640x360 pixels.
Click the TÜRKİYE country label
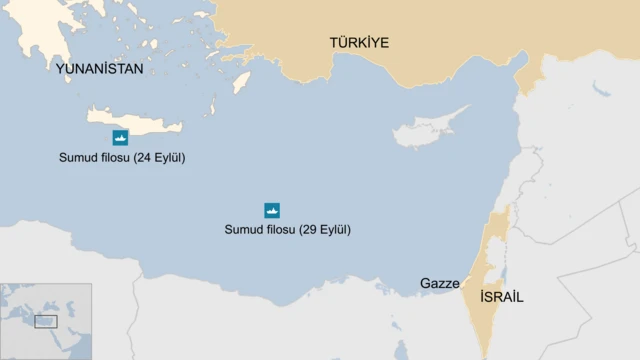tap(359, 42)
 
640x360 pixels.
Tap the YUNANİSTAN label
tap(100, 70)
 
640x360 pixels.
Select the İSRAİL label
tap(501, 297)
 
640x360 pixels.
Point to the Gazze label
tap(440, 283)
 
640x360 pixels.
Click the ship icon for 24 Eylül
tap(119, 137)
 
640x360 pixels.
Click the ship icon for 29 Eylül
tap(272, 210)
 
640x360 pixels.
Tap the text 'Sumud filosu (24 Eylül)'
tap(121, 157)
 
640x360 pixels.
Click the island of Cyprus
tap(425, 133)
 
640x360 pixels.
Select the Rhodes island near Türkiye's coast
tap(240, 81)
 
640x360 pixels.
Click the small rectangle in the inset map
tap(46, 321)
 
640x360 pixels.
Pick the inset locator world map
tap(46, 321)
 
